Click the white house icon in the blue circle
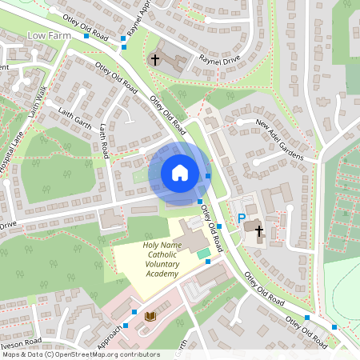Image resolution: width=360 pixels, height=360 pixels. point(180,172)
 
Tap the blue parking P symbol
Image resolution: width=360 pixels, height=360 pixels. point(241,218)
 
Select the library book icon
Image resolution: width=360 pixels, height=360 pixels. point(150,317)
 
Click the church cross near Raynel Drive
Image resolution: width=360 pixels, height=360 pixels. point(155,59)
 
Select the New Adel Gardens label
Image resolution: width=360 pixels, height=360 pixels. point(279,138)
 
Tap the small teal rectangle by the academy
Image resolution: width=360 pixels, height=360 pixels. point(203,253)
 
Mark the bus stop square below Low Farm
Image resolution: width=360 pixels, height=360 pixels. point(86,36)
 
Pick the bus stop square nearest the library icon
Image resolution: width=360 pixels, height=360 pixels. point(134,312)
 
